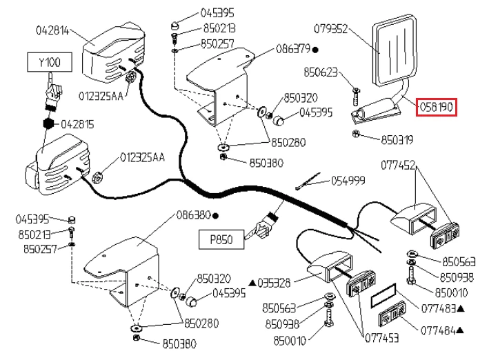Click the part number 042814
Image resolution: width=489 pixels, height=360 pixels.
point(52,30)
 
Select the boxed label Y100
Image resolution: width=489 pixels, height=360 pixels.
point(50,62)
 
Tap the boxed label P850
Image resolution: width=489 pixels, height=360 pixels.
point(221,239)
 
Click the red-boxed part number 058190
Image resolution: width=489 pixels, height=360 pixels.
point(437,107)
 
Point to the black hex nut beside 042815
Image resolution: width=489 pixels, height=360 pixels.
point(48,124)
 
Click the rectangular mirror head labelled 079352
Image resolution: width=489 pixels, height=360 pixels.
point(395,49)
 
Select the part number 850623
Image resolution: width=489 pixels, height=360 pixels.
point(321,72)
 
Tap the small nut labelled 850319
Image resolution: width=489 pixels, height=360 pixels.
point(355,134)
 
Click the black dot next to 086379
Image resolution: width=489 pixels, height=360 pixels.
point(315,50)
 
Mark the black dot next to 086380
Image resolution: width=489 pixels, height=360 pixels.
point(215,216)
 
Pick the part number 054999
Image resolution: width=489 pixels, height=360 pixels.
point(348,181)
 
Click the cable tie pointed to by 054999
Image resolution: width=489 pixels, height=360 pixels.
point(308,181)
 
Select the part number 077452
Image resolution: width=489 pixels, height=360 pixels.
point(398,165)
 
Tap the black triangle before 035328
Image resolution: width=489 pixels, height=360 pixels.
point(252,283)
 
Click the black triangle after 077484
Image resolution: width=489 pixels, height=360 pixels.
point(460,330)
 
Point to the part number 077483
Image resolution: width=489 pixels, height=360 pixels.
point(438,309)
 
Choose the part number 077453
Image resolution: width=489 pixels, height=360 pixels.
point(381,338)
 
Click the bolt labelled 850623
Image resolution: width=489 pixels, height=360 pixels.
point(356,97)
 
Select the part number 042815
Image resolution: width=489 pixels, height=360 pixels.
point(77,124)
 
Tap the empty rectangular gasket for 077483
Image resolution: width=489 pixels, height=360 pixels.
point(383,295)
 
